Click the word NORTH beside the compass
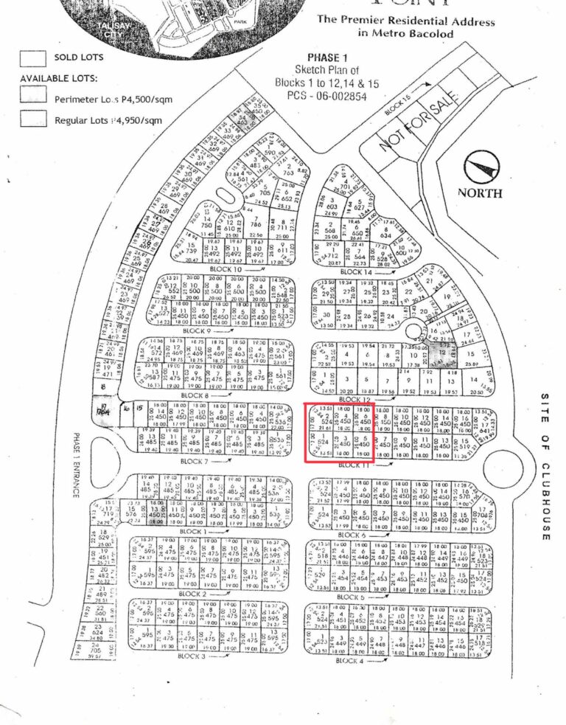pos(480,193)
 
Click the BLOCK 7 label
pos(196,462)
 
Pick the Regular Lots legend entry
pos(107,119)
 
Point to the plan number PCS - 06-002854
pos(326,95)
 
